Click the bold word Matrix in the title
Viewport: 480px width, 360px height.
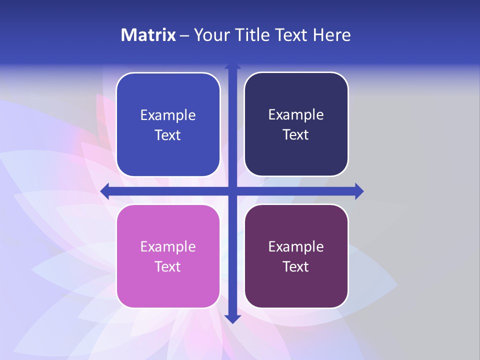point(148,35)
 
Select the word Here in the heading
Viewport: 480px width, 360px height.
point(332,35)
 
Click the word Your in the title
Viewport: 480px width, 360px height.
point(208,35)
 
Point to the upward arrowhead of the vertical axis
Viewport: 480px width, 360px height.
point(232,66)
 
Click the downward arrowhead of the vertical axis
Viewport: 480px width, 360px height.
point(232,318)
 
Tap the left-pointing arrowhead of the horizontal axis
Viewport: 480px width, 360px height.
point(105,191)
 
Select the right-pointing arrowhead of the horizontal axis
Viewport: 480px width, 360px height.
point(359,191)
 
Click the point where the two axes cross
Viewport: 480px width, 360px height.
point(232,191)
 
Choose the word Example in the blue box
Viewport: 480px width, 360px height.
point(168,115)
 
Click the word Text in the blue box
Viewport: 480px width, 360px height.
point(168,135)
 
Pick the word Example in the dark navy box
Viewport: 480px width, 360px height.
point(296,115)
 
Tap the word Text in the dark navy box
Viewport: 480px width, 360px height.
point(296,135)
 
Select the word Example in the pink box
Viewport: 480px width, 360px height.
point(168,247)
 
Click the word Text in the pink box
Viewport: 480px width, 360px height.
point(168,267)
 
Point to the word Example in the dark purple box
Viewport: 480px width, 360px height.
point(296,247)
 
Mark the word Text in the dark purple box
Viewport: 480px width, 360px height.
point(296,267)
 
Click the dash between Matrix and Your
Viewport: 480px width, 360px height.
point(185,35)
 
